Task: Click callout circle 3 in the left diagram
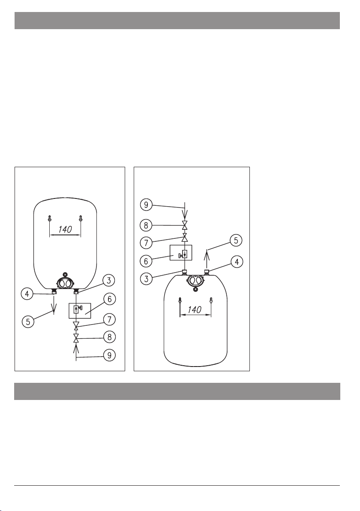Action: pos(109,281)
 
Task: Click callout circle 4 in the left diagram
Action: pos(27,294)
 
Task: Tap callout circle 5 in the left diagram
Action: pos(28,322)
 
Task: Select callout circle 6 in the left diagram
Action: pos(109,299)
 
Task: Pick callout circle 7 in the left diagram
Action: pos(109,319)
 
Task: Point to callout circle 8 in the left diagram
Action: pos(109,337)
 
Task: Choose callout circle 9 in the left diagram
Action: pos(109,355)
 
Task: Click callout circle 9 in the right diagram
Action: pos(146,205)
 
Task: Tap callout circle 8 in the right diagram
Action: pos(146,225)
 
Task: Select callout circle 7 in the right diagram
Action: pos(146,243)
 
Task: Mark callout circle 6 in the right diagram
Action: pos(146,261)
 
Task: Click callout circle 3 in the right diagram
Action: pos(146,279)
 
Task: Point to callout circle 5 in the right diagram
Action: pos(236,240)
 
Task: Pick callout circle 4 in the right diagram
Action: pos(237,262)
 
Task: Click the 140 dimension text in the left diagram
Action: pos(65,229)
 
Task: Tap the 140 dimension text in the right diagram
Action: pos(195,309)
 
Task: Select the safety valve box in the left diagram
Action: pos(80,310)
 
